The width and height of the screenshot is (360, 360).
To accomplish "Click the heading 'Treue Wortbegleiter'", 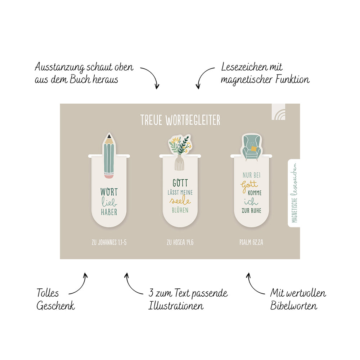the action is [x=180, y=120].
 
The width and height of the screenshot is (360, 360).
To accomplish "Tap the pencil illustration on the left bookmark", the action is [x=109, y=156].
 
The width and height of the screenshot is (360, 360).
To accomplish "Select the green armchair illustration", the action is [x=252, y=147].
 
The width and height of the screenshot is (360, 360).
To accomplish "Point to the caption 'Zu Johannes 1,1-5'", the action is [x=109, y=242].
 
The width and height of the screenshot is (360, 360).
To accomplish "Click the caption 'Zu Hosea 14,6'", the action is [x=180, y=242].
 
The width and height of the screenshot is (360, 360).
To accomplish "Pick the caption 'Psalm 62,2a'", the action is [x=251, y=242].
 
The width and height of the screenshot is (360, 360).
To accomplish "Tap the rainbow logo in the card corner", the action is [x=279, y=112].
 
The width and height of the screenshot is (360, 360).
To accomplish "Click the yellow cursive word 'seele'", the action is [x=180, y=201].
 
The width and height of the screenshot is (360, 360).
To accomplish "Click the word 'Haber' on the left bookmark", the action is [x=109, y=212].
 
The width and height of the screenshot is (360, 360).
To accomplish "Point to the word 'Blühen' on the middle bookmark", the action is [x=180, y=210].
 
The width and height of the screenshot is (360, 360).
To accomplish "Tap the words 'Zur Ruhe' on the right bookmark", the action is [x=251, y=210].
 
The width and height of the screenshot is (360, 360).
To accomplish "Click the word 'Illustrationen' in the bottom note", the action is [x=176, y=306].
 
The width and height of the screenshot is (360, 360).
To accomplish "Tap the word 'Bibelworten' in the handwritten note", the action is [x=294, y=306].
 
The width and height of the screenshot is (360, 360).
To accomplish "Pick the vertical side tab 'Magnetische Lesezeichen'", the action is [x=294, y=193].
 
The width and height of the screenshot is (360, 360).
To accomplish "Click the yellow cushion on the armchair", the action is [x=254, y=149].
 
